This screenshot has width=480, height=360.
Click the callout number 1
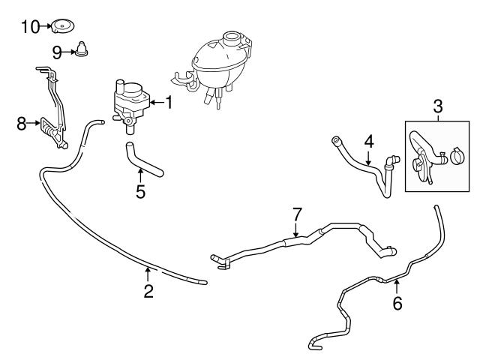click(x=169, y=102)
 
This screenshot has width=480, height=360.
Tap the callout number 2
click(x=148, y=292)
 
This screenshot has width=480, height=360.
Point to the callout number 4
click(x=368, y=140)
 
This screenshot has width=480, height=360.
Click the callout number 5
click(x=140, y=191)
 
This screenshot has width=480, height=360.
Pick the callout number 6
click(x=397, y=303)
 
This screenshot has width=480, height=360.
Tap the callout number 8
click(x=21, y=122)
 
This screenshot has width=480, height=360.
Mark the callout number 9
click(x=56, y=52)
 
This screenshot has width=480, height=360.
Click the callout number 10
click(x=29, y=27)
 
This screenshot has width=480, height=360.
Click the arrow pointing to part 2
click(x=148, y=273)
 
